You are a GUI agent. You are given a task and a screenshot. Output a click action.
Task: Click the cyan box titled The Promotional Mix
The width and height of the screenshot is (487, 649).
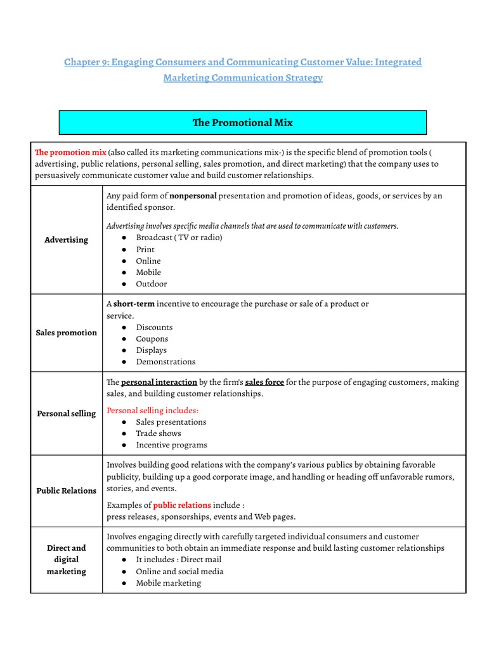242,123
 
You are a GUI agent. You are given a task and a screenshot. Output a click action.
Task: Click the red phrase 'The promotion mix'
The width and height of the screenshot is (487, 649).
70,153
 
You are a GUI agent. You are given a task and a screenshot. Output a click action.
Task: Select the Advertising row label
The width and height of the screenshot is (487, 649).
67,240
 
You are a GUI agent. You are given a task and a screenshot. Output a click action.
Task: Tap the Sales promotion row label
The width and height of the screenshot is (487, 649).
67,333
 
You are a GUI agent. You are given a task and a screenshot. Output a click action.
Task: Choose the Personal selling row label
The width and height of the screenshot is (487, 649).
67,414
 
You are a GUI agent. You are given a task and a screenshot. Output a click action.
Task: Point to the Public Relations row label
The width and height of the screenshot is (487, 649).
67,491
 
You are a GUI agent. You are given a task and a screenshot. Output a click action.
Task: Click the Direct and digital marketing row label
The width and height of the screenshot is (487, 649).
67,560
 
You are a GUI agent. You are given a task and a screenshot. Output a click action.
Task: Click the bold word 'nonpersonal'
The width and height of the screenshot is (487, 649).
193,196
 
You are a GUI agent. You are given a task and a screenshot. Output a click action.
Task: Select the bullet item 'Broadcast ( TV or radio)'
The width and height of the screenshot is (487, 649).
179,238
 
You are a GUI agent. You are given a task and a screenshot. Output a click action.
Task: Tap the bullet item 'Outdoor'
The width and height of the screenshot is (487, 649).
152,284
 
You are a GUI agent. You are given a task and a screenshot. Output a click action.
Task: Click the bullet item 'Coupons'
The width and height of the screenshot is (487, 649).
152,338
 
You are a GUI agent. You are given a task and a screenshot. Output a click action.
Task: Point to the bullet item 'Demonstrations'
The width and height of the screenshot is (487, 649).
166,362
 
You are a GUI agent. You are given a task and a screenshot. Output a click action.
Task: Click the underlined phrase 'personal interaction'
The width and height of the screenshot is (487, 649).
159,382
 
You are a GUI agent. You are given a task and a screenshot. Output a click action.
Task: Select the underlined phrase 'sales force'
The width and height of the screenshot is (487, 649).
264,382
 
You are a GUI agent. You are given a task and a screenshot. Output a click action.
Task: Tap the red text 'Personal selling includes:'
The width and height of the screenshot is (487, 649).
152,410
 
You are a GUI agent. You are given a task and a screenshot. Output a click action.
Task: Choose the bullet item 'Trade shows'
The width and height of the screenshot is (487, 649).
159,434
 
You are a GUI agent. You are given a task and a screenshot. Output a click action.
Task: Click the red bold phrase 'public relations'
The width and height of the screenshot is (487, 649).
182,505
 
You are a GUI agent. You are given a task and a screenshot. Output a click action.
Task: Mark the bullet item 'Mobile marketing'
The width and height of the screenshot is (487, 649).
168,583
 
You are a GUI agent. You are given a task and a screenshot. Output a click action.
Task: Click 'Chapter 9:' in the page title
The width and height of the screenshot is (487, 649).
87,62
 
